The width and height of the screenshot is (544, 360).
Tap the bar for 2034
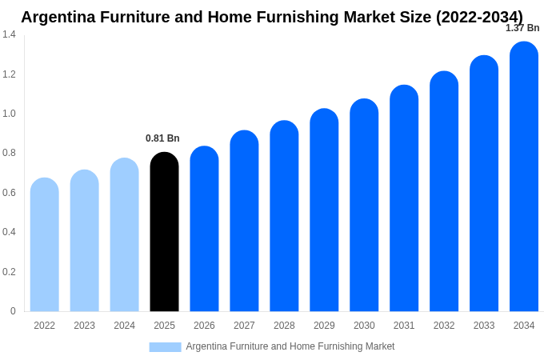pos(524,177)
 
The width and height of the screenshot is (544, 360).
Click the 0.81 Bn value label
pos(162,138)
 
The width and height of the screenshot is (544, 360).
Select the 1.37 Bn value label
pos(522,28)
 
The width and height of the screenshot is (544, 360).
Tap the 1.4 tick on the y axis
pos(9,34)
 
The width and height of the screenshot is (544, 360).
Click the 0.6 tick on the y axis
pos(9,193)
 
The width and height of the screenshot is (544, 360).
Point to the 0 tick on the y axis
pos(13,311)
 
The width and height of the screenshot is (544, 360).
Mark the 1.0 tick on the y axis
pos(9,114)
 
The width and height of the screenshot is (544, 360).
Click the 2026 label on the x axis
pos(204,326)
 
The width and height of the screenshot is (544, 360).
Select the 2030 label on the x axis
pos(364,326)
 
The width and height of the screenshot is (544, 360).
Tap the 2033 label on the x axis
pos(484,326)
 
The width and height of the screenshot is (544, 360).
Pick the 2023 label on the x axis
pos(84,326)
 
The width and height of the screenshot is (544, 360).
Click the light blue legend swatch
pos(165,346)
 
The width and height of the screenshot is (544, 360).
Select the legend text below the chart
pos(290,346)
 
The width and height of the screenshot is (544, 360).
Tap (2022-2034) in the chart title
pos(479,17)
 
